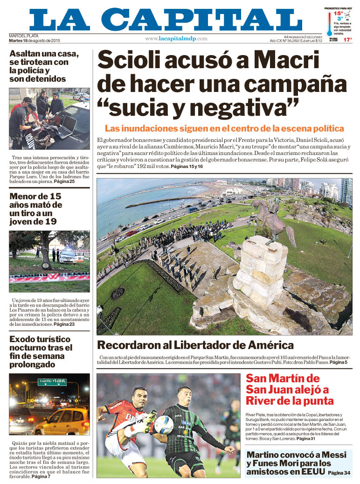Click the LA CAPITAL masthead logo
click(x=166, y=19)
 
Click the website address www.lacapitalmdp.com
click(x=176, y=39)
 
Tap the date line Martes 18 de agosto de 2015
click(x=35, y=40)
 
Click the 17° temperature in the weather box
click(x=347, y=40)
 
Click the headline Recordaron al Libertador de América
click(x=195, y=345)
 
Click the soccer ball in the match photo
click(x=164, y=425)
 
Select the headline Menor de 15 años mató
click(x=36, y=209)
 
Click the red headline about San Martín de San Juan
click(x=289, y=389)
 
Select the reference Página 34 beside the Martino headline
click(x=339, y=473)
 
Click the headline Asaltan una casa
click(x=44, y=66)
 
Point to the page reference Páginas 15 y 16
click(x=187, y=167)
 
